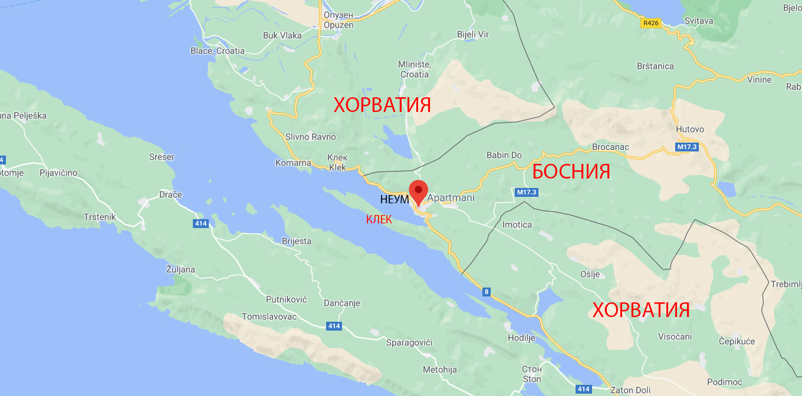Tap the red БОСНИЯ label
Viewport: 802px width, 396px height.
571,171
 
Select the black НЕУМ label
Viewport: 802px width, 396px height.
395,200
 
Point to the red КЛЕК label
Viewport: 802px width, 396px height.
379,220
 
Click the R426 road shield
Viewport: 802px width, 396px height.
650,23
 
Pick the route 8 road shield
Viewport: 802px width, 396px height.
487,291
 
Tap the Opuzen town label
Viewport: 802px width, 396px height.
338,25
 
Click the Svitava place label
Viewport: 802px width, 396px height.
699,21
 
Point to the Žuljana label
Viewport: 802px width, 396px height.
180,270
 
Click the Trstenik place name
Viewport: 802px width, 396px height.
100,217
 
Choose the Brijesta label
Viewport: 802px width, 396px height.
297,241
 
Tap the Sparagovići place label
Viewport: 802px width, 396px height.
409,342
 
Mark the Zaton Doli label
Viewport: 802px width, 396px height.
630,390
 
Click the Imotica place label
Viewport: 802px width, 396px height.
517,225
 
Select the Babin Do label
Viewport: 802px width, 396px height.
504,156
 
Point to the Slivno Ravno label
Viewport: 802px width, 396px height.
310,137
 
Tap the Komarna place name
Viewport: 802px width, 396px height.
293,163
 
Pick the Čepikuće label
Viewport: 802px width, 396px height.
737,341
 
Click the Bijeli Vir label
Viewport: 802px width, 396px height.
473,34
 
